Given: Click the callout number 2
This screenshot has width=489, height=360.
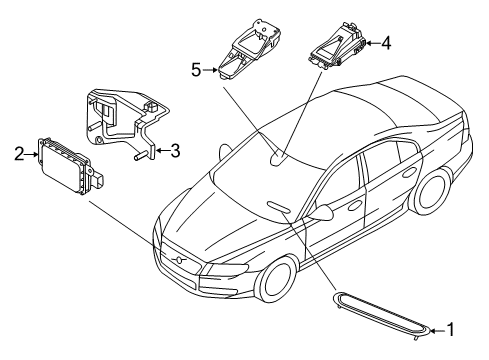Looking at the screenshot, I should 19,153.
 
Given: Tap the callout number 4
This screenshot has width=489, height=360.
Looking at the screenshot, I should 387,43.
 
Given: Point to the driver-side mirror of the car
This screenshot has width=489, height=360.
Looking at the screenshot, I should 325,213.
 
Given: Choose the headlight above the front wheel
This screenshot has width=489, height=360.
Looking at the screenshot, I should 229,267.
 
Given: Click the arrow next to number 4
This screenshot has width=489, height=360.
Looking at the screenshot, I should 371,43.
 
